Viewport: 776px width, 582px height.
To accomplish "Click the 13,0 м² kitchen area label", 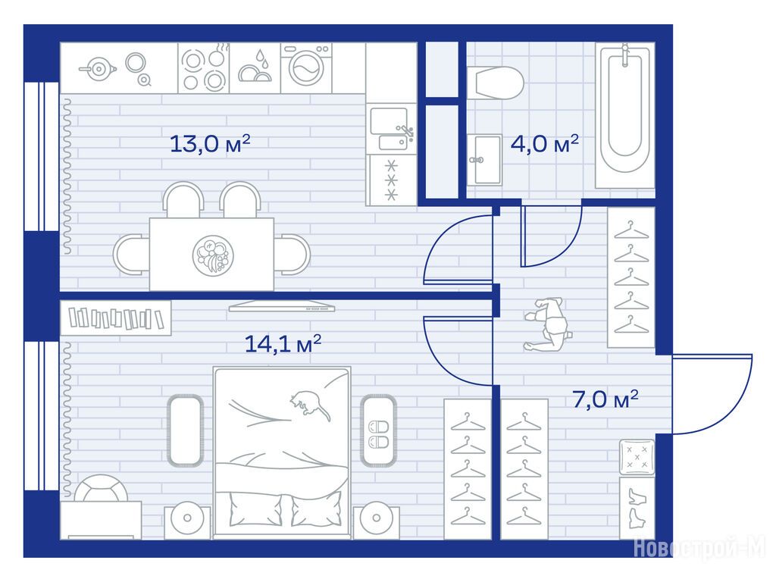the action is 210,143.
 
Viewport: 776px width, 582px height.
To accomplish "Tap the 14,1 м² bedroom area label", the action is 283,343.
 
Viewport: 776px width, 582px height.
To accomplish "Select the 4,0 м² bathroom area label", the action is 544,143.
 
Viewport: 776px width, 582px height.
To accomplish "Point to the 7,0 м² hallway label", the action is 605,399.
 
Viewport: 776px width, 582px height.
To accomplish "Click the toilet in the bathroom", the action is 496,83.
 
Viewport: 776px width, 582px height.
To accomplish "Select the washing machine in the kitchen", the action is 306,68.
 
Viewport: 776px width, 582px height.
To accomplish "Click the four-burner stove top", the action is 204,68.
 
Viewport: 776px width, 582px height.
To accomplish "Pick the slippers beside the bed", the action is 379,434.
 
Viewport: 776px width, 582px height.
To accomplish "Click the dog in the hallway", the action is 547,324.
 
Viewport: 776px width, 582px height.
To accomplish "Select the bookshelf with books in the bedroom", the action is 116,318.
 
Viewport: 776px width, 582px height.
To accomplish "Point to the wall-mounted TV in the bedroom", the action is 282,306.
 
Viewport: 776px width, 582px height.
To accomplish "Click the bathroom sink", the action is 484,160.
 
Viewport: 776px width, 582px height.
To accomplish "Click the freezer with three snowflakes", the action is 392,180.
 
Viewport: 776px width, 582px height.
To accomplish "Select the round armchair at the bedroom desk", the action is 102,489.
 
